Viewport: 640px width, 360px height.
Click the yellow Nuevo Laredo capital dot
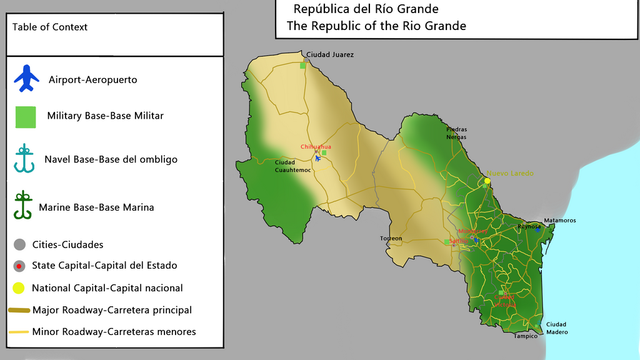(487, 181)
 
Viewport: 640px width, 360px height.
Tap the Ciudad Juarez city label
(330, 55)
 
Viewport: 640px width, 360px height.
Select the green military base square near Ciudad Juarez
(303, 65)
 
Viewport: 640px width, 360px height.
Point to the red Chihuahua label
(316, 147)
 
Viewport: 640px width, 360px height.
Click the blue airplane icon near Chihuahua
(318, 158)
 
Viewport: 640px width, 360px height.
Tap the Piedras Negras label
(456, 133)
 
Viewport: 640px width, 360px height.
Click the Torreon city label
(391, 239)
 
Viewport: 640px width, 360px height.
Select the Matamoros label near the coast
(559, 221)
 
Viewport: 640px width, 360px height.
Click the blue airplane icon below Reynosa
(537, 230)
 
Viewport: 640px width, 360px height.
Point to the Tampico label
(525, 336)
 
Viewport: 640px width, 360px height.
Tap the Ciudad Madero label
(556, 328)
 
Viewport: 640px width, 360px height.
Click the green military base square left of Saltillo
(446, 242)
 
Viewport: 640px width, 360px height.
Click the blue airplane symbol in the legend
(26, 79)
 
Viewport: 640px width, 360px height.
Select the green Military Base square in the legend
(26, 117)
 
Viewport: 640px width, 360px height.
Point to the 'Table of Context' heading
(50, 27)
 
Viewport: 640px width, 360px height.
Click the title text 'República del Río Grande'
(366, 9)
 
